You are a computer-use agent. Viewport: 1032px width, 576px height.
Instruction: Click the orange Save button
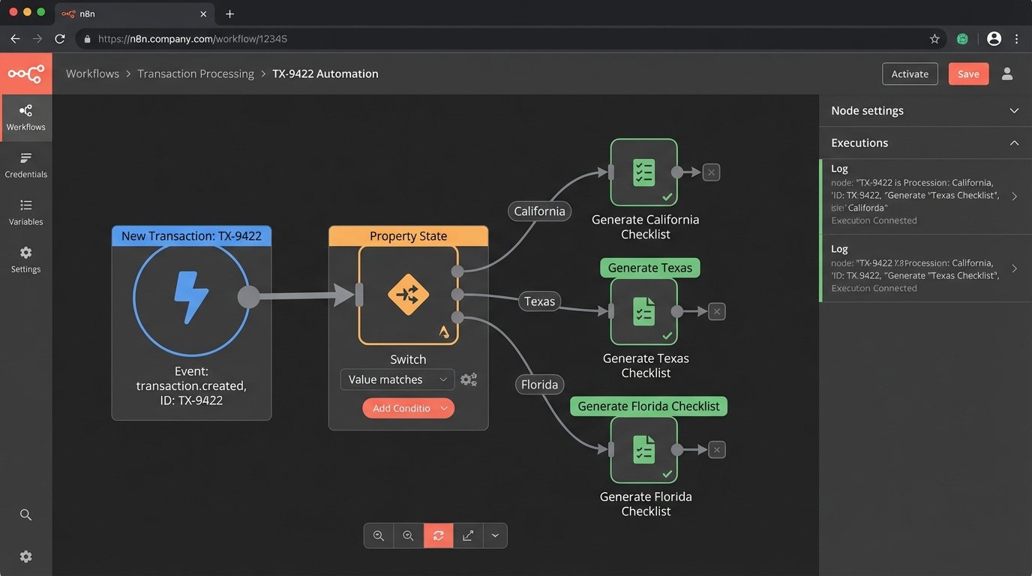(968, 73)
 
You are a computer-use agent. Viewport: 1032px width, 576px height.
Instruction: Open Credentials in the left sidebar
(26, 165)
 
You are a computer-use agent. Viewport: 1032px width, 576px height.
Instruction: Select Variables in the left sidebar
(26, 212)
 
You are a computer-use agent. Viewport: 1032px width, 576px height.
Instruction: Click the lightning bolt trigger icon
(191, 297)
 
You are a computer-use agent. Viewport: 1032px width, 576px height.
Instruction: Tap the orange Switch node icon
(408, 295)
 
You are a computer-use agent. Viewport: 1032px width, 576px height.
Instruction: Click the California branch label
(539, 211)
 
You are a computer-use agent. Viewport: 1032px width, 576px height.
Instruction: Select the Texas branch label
(539, 301)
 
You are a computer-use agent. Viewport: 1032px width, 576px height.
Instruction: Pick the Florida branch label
(539, 385)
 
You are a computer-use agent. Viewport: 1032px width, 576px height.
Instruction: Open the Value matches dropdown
(397, 379)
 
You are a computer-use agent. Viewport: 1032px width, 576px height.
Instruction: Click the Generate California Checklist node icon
(643, 172)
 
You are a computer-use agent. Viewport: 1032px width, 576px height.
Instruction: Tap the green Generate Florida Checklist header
(648, 406)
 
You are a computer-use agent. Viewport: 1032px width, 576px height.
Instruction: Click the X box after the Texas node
(716, 311)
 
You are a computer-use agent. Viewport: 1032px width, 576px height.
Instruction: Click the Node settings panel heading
(867, 110)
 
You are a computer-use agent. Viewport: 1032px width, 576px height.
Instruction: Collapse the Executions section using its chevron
(1014, 142)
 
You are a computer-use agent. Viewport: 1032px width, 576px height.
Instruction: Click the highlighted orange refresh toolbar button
(438, 535)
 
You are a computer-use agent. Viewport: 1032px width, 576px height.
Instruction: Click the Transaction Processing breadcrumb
(196, 73)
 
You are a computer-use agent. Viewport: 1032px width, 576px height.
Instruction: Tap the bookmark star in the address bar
(934, 39)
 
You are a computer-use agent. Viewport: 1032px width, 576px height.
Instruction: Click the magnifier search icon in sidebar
(26, 514)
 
